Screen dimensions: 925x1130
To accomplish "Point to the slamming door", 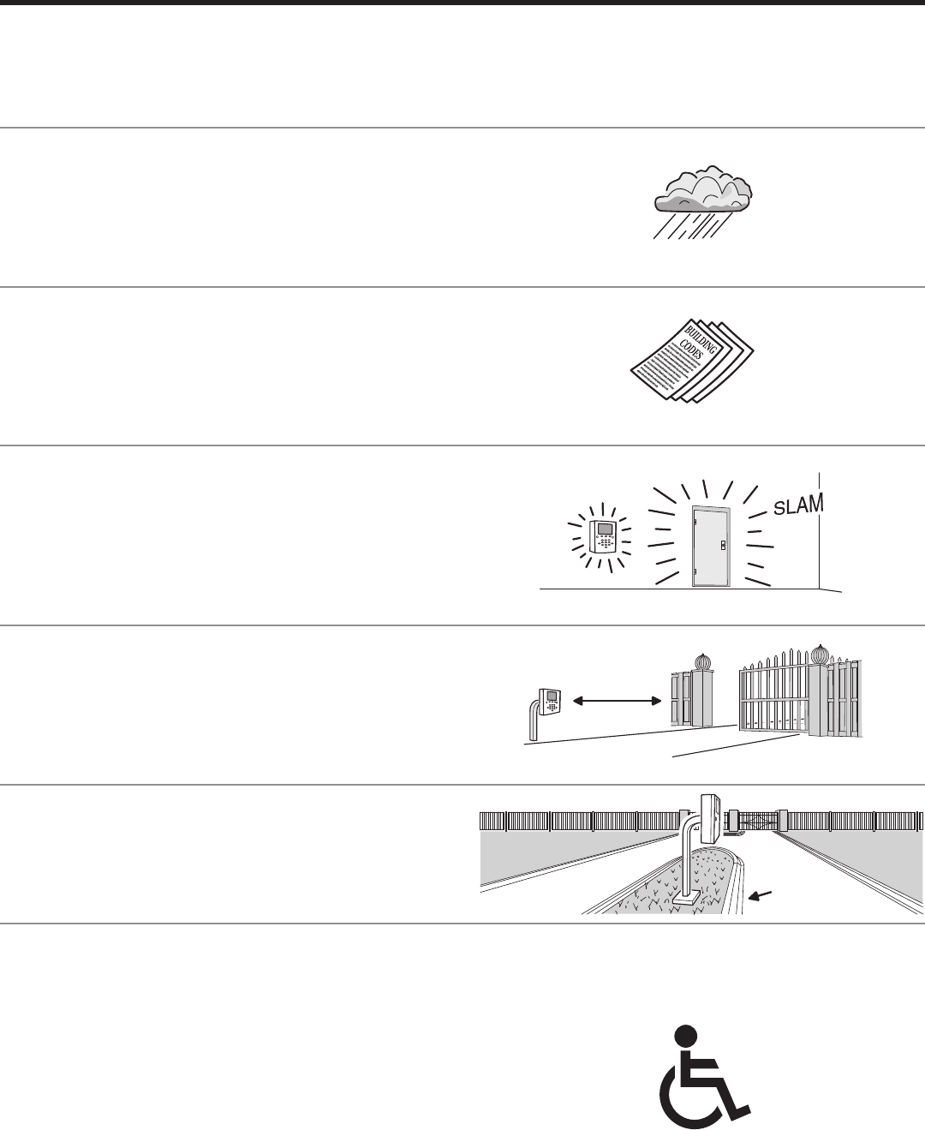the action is click(710, 546).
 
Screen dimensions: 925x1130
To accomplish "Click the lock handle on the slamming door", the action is click(724, 544).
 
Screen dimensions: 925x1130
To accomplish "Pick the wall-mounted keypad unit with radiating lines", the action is click(604, 536).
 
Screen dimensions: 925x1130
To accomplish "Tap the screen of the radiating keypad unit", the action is click(606, 528).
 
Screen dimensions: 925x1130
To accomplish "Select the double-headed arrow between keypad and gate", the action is click(618, 702).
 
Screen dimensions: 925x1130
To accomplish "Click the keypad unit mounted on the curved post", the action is click(549, 702).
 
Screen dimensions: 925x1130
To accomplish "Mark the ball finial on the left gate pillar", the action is click(702, 663).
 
